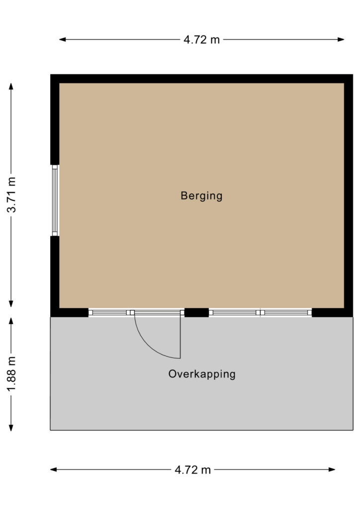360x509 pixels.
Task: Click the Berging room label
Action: click(x=201, y=196)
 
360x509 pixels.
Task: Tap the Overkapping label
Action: click(x=201, y=374)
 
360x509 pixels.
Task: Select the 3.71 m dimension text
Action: click(x=11, y=195)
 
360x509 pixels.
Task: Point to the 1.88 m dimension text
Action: click(x=11, y=373)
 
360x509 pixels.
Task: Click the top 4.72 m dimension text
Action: click(x=201, y=40)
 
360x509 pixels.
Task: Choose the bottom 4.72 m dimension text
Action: click(x=192, y=469)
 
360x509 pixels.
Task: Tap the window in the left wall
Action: click(x=55, y=200)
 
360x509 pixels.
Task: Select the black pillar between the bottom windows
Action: click(x=196, y=313)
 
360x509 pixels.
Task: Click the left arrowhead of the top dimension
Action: click(x=62, y=40)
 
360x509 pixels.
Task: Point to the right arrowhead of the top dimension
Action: click(x=341, y=40)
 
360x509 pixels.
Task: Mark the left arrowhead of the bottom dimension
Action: click(x=54, y=469)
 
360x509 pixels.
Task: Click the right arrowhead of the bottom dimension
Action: click(x=332, y=469)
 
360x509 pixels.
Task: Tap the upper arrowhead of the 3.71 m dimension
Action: click(x=11, y=86)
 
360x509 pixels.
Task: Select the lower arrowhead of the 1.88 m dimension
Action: click(x=11, y=427)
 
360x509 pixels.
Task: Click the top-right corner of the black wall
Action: click(x=353, y=75)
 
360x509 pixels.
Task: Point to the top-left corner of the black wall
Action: click(x=50, y=75)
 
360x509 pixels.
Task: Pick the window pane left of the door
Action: click(x=107, y=313)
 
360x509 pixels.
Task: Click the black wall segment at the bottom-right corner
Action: click(x=333, y=313)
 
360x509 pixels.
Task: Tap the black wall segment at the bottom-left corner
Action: click(x=70, y=313)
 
